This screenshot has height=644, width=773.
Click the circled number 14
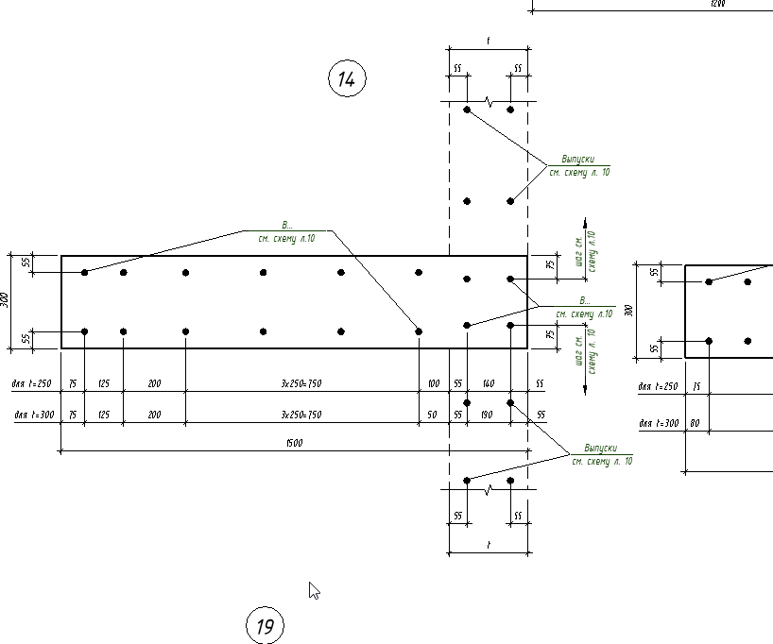pyautogui.click(x=347, y=79)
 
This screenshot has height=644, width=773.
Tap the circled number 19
pyautogui.click(x=265, y=625)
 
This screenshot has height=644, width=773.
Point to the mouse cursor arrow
pyautogui.click(x=314, y=590)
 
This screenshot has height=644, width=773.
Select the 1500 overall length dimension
pyautogui.click(x=294, y=444)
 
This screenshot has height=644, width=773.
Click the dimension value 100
pyautogui.click(x=433, y=384)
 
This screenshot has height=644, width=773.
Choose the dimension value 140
pyautogui.click(x=488, y=384)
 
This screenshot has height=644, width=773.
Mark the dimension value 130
pyautogui.click(x=488, y=415)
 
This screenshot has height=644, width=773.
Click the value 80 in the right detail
pyautogui.click(x=696, y=423)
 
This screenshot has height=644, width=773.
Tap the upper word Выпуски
pyautogui.click(x=578, y=159)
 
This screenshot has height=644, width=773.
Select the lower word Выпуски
pyautogui.click(x=600, y=448)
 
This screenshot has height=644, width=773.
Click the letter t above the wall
pyautogui.click(x=488, y=42)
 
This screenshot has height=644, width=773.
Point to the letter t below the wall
pyautogui.click(x=488, y=545)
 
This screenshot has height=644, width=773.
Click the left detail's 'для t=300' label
pyautogui.click(x=33, y=415)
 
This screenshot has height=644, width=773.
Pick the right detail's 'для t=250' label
pyautogui.click(x=658, y=386)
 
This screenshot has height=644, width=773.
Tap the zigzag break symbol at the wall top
pyautogui.click(x=489, y=100)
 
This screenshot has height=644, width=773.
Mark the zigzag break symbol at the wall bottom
pyautogui.click(x=489, y=491)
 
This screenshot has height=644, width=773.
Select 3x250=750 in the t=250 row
pyautogui.click(x=301, y=384)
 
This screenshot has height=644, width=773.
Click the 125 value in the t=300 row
pyautogui.click(x=103, y=415)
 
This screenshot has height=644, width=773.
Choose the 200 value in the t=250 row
pyautogui.click(x=154, y=384)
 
